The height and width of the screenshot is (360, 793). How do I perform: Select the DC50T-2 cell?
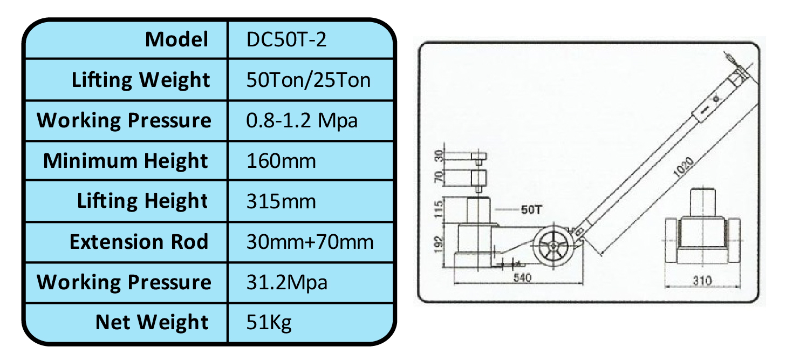click(286, 39)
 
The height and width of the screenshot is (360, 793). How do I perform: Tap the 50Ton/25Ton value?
click(309, 80)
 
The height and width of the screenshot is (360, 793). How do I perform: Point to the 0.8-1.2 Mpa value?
click(302, 121)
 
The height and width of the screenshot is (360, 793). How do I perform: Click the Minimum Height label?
click(125, 161)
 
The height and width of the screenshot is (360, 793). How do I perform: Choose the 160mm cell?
click(281, 161)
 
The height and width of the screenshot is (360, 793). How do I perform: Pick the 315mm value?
click(281, 201)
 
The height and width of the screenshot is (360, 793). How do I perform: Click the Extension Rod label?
click(139, 242)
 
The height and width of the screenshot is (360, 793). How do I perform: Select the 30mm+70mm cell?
click(310, 242)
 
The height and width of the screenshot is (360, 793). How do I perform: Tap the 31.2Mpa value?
click(287, 282)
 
